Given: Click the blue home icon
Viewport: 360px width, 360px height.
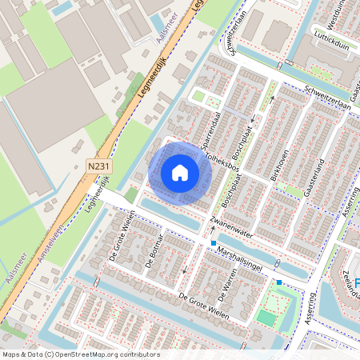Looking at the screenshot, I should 180,173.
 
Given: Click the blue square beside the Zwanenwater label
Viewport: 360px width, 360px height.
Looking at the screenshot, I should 214,242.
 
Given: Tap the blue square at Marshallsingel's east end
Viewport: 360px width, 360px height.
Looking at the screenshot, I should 278,282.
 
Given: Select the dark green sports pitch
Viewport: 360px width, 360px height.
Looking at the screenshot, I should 266,318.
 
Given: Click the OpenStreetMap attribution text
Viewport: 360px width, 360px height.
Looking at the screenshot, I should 81,354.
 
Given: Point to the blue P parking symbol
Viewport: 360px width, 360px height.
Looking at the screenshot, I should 357,282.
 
